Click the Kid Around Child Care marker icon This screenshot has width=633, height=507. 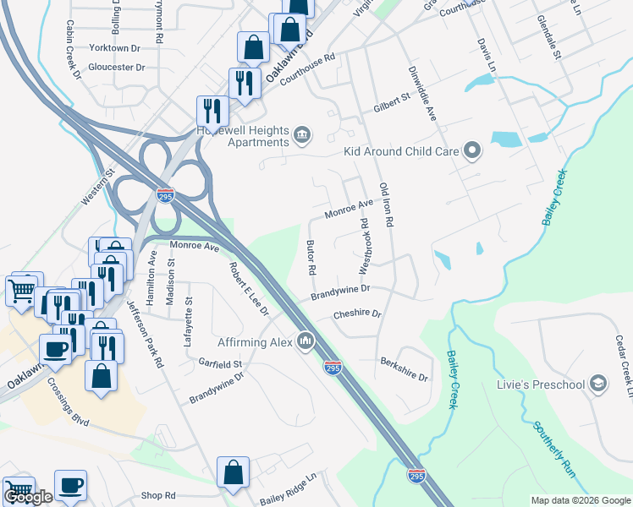[x=472, y=152]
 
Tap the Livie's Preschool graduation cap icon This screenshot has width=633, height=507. [x=598, y=385]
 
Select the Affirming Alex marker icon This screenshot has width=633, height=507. [x=305, y=341]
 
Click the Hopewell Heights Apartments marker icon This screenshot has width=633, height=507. [x=302, y=135]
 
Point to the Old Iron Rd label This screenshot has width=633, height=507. [x=387, y=204]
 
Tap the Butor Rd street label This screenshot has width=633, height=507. [x=311, y=258]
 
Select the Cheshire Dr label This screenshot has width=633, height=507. [x=358, y=313]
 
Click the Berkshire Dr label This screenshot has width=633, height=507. [x=405, y=368]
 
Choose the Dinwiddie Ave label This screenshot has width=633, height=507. [x=421, y=94]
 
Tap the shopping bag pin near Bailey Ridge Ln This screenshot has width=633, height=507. [x=233, y=475]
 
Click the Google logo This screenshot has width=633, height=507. [x=28, y=497]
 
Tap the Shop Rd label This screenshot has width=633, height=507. [x=157, y=495]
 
